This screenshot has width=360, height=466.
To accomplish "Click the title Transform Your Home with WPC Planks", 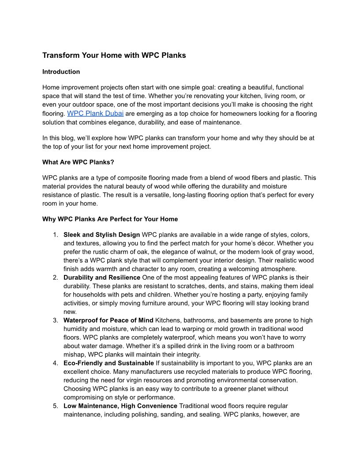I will click(114, 55).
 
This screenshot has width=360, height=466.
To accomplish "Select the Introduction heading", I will click(61, 71).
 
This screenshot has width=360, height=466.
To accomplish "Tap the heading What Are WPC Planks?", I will click(78, 162).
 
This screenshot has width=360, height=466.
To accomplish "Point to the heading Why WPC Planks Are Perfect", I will click(110, 219).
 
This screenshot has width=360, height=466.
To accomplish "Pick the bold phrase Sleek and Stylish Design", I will click(101, 234).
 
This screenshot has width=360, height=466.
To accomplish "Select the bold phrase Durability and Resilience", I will click(101, 278).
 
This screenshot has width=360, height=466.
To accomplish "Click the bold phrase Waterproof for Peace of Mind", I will click(108, 320).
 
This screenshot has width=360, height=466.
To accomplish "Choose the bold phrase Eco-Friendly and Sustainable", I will click(109, 363).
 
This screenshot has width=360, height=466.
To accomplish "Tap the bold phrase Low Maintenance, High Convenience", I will click(120, 406).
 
